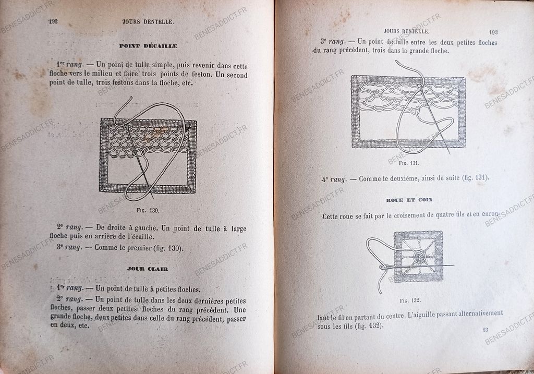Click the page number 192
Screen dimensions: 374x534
click(53, 21)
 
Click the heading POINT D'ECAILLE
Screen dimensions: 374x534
click(149, 46)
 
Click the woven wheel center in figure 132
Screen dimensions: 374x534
click(418, 257)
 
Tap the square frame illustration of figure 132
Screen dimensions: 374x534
click(418, 256)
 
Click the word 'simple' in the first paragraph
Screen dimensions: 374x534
click(161, 65)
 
